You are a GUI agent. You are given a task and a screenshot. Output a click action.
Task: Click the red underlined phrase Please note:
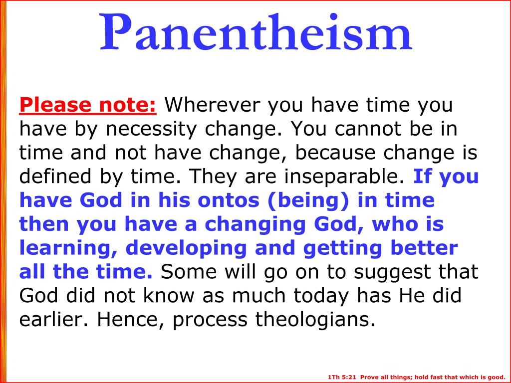pos(88,105)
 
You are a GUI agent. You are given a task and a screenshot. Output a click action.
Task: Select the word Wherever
pos(213,105)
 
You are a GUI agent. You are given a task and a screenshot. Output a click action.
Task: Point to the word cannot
pos(367,130)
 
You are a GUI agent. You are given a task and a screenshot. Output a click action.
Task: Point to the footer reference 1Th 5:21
pos(342,377)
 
